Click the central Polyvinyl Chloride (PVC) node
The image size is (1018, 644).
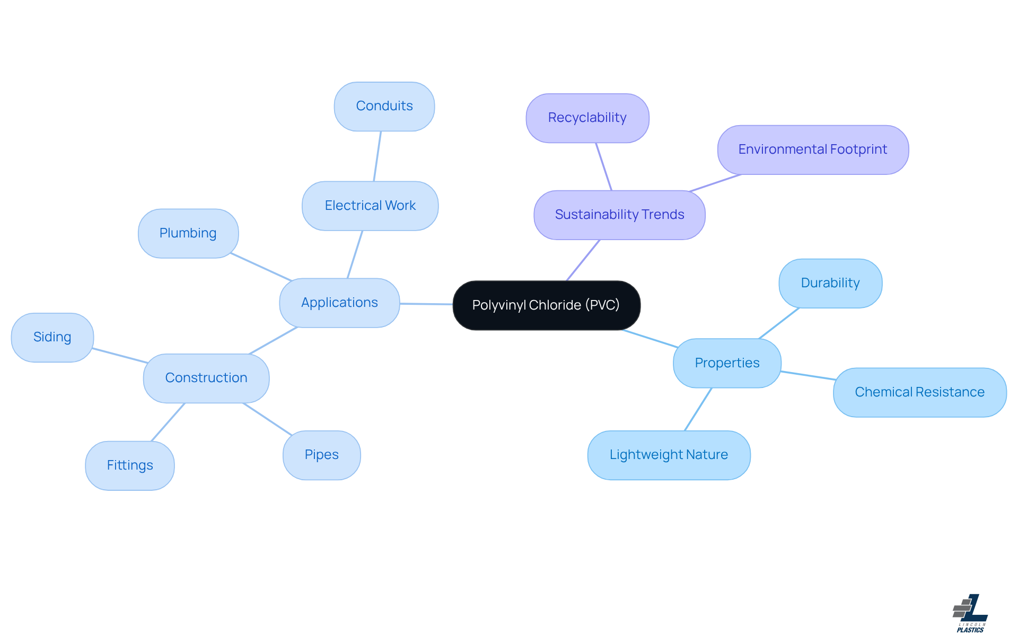tap(546, 305)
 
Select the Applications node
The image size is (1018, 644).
tap(339, 303)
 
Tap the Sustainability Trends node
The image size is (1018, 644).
tap(619, 215)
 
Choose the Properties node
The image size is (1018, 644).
tap(727, 363)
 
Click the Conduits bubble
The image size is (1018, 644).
tap(384, 106)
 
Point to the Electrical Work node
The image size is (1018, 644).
tap(370, 206)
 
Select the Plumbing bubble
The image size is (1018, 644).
tap(188, 233)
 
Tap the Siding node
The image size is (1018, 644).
tap(52, 337)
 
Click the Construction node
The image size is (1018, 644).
tap(206, 378)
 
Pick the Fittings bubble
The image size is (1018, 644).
tap(130, 465)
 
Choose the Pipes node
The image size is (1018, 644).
tap(321, 455)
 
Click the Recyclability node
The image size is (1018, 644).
tap(587, 118)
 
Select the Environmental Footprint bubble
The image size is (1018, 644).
tap(812, 149)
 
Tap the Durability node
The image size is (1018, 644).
tap(830, 283)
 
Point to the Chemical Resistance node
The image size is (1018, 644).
tap(919, 392)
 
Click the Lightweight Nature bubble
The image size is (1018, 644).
tap(669, 455)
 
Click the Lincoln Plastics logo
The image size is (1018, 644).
tap(970, 613)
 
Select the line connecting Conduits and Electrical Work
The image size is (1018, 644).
tap(378, 156)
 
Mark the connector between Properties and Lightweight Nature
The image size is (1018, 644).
tap(698, 409)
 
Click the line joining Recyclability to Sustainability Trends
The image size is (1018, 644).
tap(604, 166)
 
